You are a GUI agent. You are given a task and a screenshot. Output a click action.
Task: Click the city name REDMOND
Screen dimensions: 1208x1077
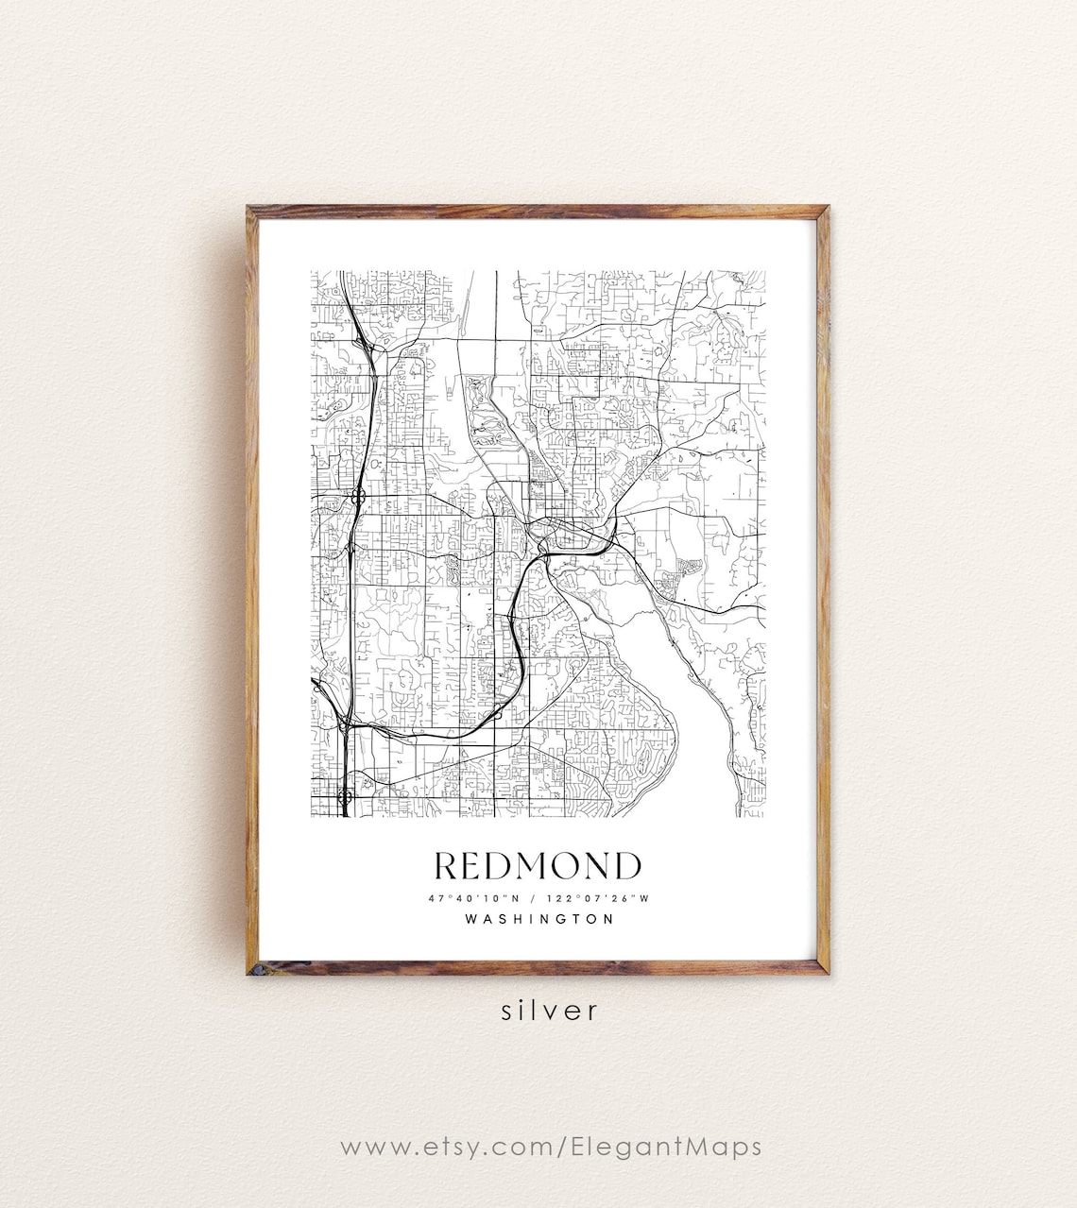tap(537, 865)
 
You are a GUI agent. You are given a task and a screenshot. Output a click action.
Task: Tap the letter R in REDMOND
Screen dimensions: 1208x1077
tap(448, 865)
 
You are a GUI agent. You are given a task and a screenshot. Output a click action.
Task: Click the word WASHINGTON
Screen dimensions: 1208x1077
tap(538, 918)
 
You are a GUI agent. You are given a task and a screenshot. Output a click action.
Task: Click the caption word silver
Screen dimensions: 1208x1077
tap(550, 1010)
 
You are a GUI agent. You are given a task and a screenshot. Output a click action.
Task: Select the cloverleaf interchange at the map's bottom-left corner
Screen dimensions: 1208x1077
tap(345, 799)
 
